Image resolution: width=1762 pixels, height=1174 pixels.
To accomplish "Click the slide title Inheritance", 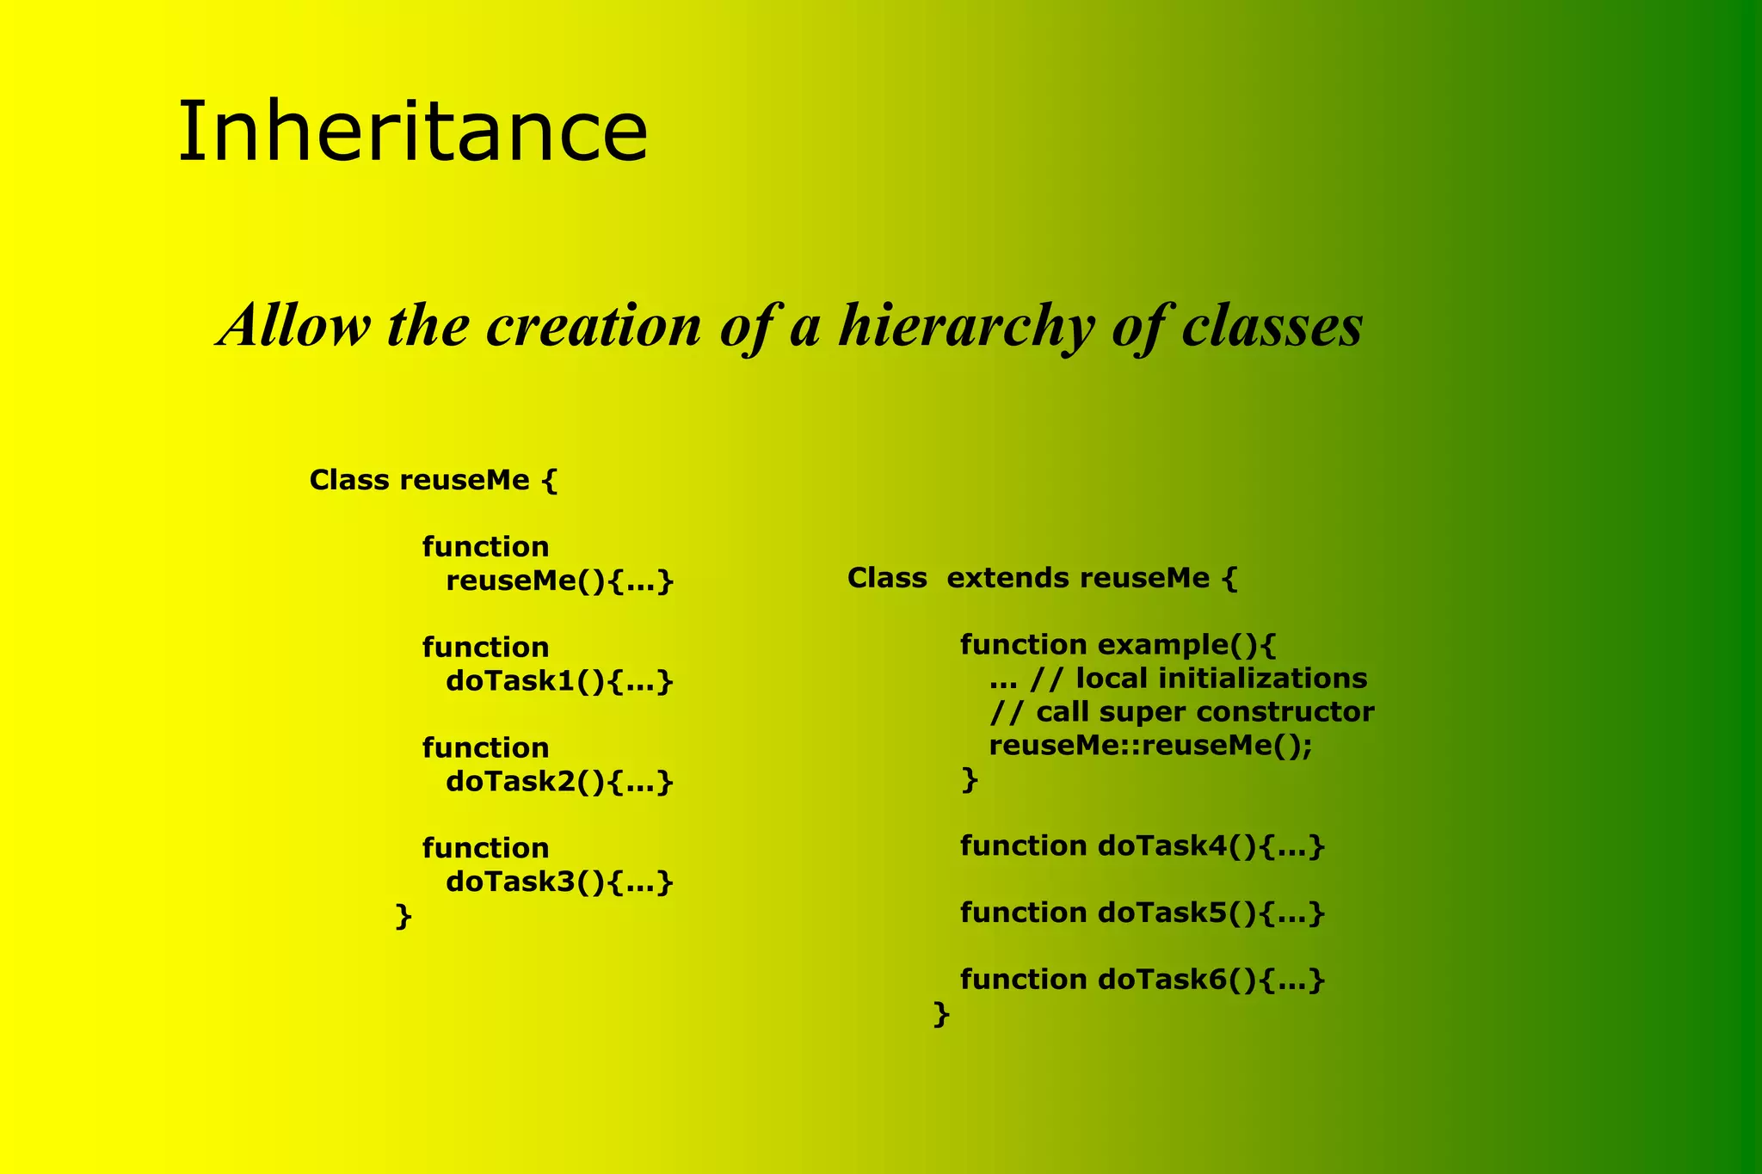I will (412, 132).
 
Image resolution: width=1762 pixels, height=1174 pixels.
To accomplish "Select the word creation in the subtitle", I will (594, 327).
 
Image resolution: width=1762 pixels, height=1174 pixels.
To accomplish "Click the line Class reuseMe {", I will (434, 480).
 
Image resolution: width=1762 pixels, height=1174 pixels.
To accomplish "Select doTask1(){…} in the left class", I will (559, 681).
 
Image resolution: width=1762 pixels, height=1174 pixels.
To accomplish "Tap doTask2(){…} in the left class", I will (559, 782).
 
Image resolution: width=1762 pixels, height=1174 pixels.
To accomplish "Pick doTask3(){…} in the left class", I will (559, 882).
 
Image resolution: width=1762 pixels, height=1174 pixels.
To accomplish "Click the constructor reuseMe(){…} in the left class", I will (559, 581).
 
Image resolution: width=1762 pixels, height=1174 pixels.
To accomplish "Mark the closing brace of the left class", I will (403, 916).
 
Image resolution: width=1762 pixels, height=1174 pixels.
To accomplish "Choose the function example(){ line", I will (1118, 644).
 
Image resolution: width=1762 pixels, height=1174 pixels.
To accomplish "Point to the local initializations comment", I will (1178, 679).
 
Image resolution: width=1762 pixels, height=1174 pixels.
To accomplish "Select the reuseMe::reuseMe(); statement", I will (1150, 746).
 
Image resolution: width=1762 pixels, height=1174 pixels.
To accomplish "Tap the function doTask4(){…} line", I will (1142, 846).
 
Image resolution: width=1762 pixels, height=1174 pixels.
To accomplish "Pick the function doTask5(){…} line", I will (1142, 913).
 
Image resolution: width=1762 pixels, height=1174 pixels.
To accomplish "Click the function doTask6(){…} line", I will (1142, 980).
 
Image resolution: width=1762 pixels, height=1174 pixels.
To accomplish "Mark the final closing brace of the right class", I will (941, 1014).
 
